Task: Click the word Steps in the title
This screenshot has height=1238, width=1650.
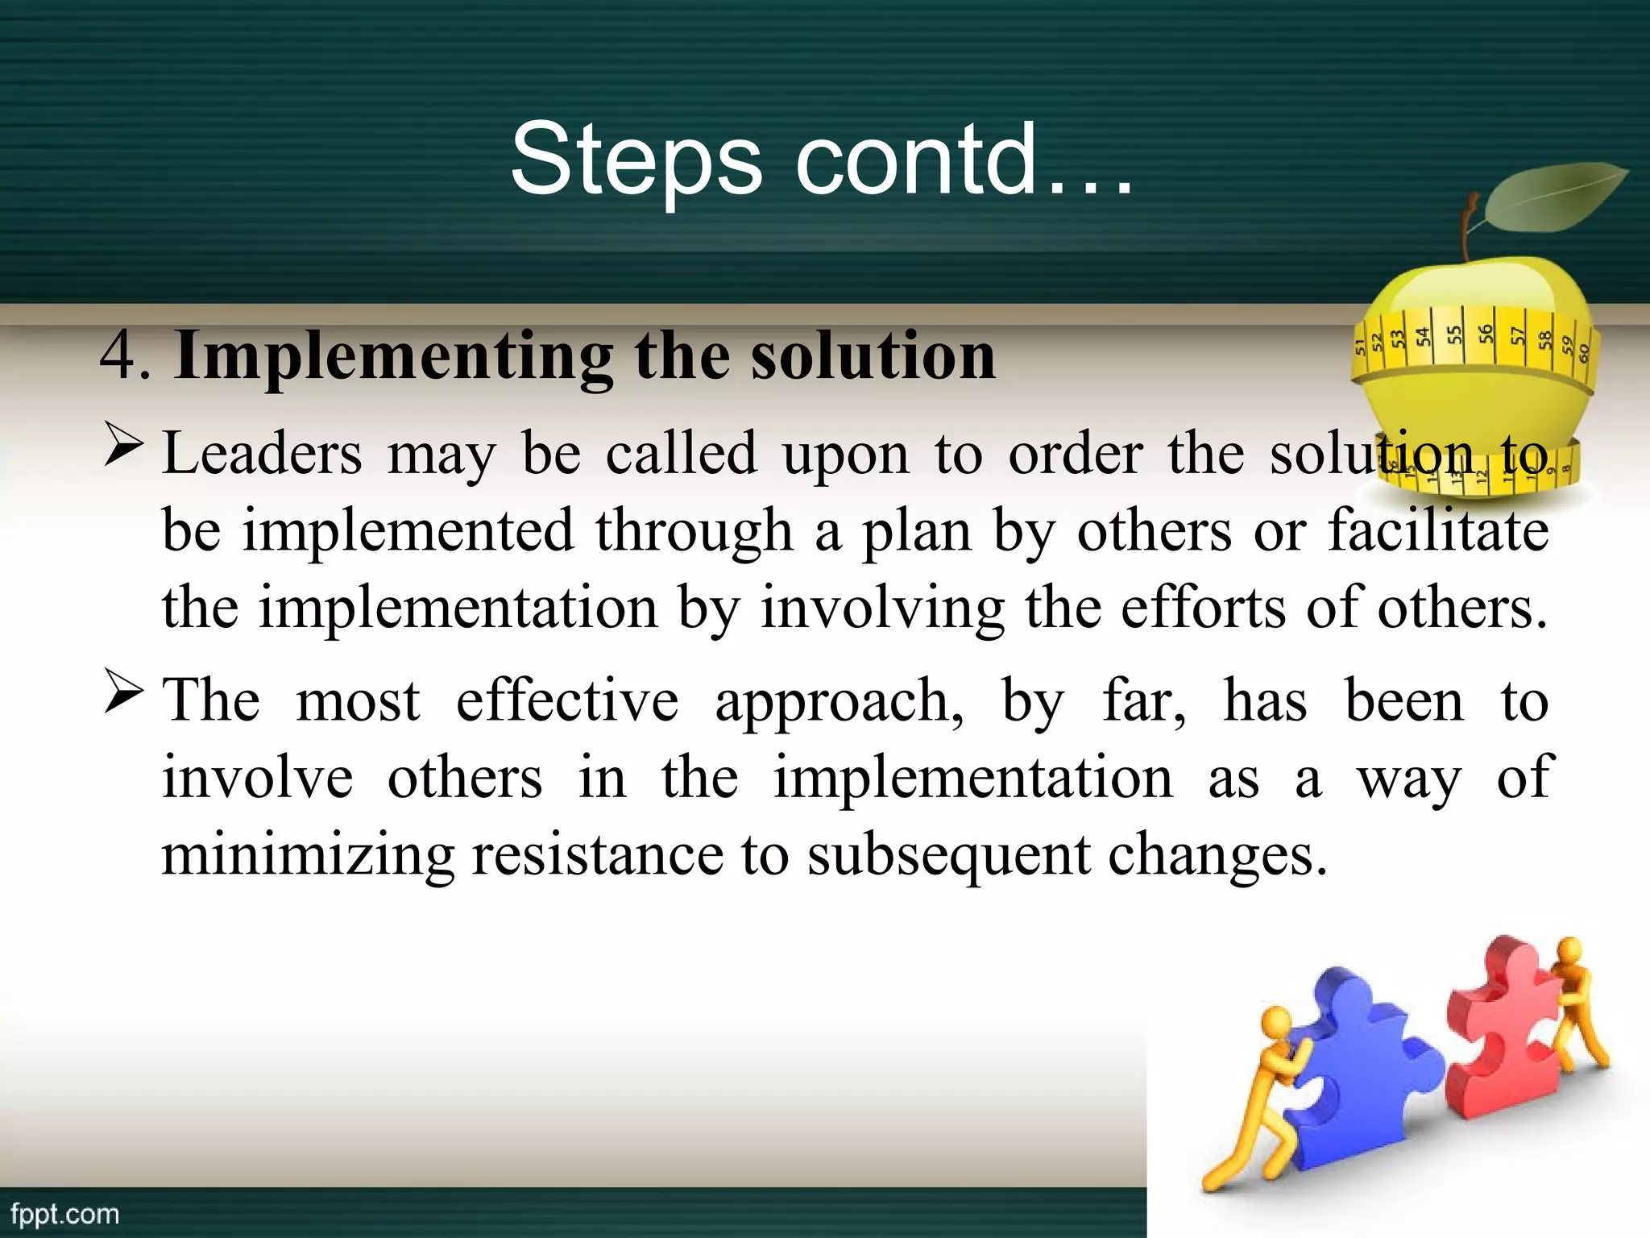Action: pyautogui.click(x=636, y=159)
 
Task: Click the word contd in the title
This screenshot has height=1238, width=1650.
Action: pyautogui.click(x=914, y=159)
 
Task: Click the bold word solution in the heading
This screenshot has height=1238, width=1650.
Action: pyautogui.click(x=873, y=355)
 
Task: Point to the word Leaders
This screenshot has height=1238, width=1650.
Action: pyautogui.click(x=262, y=454)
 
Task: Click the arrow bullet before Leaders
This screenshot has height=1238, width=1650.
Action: pyautogui.click(x=124, y=447)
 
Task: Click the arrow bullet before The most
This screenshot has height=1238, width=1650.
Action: pyautogui.click(x=124, y=694)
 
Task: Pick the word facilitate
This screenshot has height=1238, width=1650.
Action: pyautogui.click(x=1438, y=530)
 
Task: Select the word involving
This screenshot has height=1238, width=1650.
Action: pyautogui.click(x=882, y=609)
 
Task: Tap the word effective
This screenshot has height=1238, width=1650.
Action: pyautogui.click(x=567, y=700)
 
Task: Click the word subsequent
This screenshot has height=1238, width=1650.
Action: pyautogui.click(x=948, y=856)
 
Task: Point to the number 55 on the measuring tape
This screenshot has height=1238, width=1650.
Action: pyautogui.click(x=1453, y=335)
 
